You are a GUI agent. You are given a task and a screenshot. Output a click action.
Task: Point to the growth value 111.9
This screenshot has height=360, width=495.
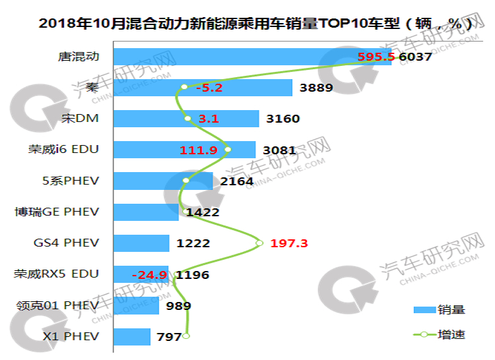point(199,150)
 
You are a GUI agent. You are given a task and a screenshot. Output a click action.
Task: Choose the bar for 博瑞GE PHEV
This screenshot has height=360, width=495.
point(146,212)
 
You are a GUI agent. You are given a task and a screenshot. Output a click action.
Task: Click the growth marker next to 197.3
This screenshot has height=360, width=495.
point(259,243)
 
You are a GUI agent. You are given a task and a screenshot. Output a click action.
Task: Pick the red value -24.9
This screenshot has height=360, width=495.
point(149,274)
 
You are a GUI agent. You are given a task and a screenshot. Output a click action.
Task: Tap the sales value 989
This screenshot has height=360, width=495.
point(179,305)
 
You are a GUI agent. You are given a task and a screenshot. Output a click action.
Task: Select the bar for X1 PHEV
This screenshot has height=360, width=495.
point(132,336)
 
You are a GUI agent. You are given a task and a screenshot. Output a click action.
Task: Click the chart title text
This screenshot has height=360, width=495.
point(255,24)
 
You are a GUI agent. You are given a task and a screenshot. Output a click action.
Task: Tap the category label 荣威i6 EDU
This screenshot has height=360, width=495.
point(57,149)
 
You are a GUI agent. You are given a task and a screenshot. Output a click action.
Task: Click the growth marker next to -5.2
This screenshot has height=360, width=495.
point(184,87)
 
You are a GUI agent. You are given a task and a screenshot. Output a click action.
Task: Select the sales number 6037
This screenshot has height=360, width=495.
point(416,57)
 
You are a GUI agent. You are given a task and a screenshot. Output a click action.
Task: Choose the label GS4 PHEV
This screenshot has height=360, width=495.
point(66,243)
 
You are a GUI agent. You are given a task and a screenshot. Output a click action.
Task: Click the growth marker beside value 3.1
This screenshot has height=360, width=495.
point(187,119)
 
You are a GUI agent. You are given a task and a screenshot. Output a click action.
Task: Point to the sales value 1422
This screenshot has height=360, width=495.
point(203,212)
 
